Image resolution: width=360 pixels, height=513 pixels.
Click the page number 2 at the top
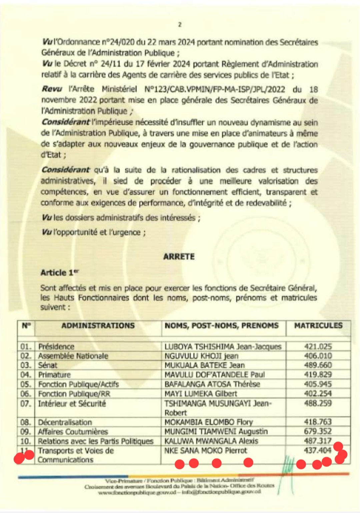[x=180, y=24]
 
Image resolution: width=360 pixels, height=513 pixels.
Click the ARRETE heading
[x=179, y=256]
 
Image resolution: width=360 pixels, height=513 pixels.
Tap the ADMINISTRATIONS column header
[x=98, y=326]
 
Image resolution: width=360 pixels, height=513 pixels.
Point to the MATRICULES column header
[x=318, y=326]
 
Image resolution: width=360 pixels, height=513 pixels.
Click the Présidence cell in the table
[x=56, y=346]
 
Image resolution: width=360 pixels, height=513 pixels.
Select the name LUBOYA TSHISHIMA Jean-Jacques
[x=223, y=346]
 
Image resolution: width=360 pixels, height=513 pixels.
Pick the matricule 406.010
[x=318, y=356]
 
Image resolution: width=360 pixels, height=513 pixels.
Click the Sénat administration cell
[x=48, y=365]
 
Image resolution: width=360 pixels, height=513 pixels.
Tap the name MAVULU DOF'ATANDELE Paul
[x=214, y=374]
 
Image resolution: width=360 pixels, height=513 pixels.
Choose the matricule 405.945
[x=318, y=384]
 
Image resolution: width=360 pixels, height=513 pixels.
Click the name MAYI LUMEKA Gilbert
[x=201, y=393]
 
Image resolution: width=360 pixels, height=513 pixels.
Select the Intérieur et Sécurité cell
[x=72, y=403]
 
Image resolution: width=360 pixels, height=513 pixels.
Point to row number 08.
[x=26, y=422]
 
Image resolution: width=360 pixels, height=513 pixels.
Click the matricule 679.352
[x=318, y=431]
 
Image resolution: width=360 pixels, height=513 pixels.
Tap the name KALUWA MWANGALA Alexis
[x=211, y=441]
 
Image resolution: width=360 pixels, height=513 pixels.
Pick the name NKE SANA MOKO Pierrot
[x=206, y=450]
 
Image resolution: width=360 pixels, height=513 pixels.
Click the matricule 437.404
[x=318, y=450]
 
